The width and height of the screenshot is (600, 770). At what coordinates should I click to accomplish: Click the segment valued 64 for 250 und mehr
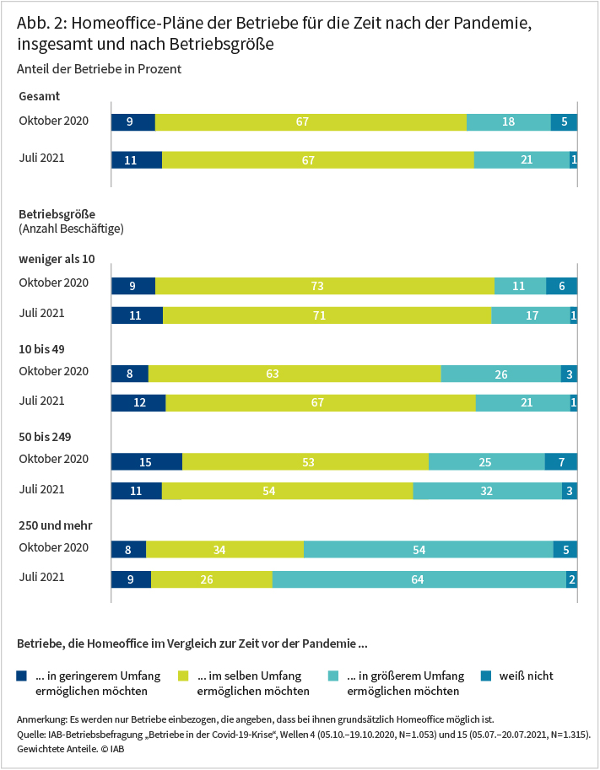point(419,579)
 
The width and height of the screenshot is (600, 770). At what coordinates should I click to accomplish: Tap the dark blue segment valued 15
point(147,461)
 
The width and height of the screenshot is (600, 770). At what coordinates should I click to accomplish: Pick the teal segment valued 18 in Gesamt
point(508,122)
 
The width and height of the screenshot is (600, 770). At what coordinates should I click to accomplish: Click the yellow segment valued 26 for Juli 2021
point(211,579)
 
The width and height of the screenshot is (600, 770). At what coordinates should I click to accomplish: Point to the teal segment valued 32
point(487,491)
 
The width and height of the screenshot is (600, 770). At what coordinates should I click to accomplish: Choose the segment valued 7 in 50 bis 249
point(560,461)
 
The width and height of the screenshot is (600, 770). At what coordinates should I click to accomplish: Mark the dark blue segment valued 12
point(138,403)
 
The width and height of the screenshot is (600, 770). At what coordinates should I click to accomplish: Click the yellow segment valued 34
point(224,550)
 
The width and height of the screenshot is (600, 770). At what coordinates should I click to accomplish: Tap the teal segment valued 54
point(428,550)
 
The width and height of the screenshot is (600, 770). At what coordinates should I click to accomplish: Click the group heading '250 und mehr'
point(55,525)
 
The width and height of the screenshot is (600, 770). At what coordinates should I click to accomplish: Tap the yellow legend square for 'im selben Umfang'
point(184,676)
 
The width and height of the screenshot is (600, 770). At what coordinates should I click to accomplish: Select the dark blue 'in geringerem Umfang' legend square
point(22,676)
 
